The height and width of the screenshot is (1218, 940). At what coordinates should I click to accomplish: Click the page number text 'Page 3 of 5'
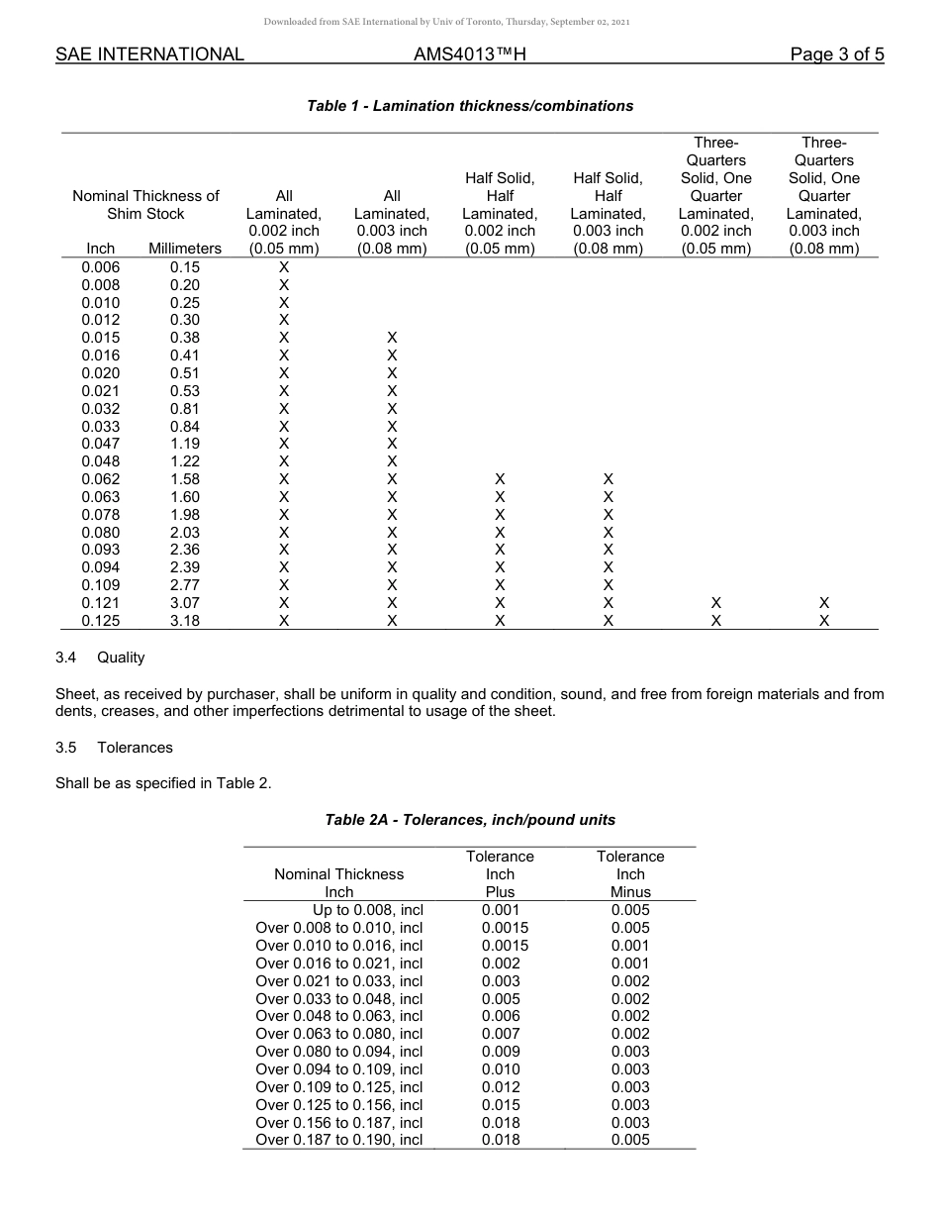coord(836,54)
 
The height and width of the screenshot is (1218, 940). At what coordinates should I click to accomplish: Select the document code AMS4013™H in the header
coord(469,54)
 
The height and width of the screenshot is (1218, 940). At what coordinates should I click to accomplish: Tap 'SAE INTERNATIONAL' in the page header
coord(149,54)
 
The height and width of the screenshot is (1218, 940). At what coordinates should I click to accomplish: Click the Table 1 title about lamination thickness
coord(470,106)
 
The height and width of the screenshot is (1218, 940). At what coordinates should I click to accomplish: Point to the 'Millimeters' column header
coord(185,249)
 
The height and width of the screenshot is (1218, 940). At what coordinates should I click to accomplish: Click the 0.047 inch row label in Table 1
coord(101,444)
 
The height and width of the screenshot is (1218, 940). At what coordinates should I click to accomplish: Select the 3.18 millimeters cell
coord(185,621)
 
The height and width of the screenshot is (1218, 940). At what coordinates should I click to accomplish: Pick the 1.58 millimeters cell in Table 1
coord(185,479)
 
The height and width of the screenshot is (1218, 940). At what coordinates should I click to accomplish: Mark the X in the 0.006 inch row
coord(284,267)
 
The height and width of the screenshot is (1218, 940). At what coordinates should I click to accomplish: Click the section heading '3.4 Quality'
coord(100,658)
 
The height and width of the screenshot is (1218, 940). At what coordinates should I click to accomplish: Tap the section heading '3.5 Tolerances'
coord(114,748)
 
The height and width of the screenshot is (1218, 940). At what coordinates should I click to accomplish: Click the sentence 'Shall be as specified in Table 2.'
coord(163,783)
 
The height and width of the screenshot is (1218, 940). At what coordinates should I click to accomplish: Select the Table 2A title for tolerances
coord(470,819)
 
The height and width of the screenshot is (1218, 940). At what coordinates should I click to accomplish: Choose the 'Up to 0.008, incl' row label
coord(367,910)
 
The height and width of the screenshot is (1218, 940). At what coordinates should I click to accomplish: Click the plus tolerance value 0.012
coord(500,1087)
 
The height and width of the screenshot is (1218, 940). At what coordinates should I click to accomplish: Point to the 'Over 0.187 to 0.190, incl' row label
coord(338,1140)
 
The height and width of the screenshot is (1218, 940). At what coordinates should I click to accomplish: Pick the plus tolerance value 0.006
coord(500,1016)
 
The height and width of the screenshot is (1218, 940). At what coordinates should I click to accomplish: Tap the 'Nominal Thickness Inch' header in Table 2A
coord(338,882)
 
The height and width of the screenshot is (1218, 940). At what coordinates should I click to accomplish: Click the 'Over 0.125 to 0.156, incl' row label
coord(338,1105)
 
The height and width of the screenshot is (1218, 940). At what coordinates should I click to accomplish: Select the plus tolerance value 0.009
coord(500,1052)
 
